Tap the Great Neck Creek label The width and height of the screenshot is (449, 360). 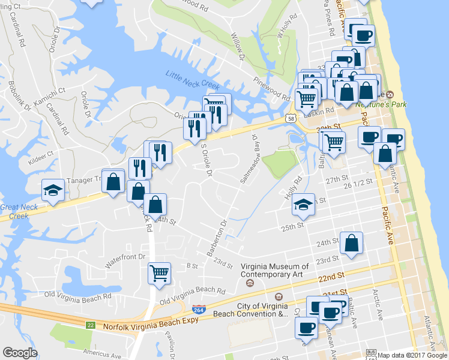(19, 211)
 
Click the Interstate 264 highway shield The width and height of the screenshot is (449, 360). (197, 309)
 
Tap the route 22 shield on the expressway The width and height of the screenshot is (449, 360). (90, 325)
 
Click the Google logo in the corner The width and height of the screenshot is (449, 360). (20, 353)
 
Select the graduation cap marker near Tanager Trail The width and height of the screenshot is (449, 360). (53, 191)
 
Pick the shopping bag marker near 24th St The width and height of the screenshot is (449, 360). (352, 243)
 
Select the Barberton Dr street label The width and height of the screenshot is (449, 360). (217, 238)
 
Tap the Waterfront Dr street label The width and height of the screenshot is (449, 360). (125, 257)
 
